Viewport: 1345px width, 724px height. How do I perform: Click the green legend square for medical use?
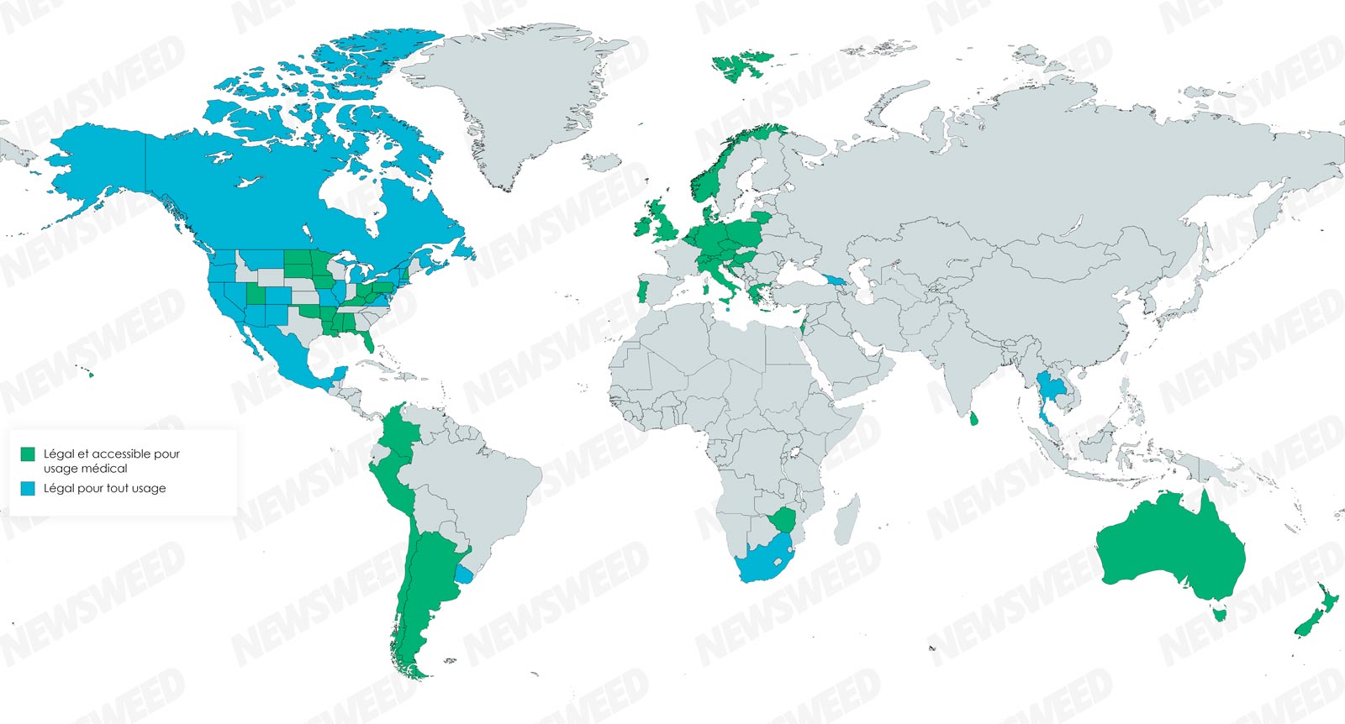(x=28, y=454)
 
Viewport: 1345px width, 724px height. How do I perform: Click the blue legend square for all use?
(x=28, y=488)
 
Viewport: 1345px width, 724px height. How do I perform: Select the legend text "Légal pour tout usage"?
(x=104, y=488)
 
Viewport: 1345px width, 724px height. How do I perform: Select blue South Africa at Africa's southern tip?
(x=765, y=559)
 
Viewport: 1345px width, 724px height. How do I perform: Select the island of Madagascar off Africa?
(x=847, y=519)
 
